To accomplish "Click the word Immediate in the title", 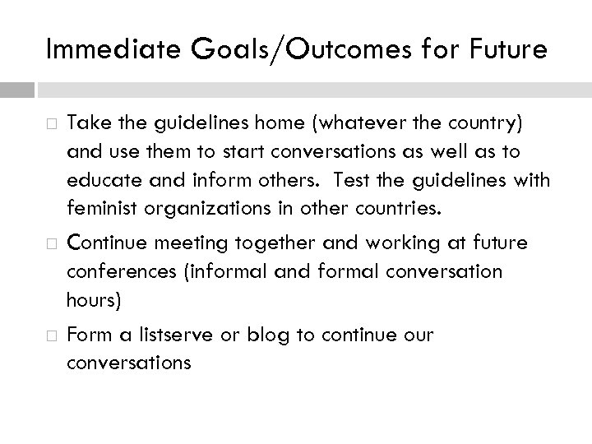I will click(101, 50).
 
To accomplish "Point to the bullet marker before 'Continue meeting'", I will click(51, 243).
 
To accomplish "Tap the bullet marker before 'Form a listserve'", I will click(51, 336).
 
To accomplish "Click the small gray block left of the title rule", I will click(17, 89).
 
